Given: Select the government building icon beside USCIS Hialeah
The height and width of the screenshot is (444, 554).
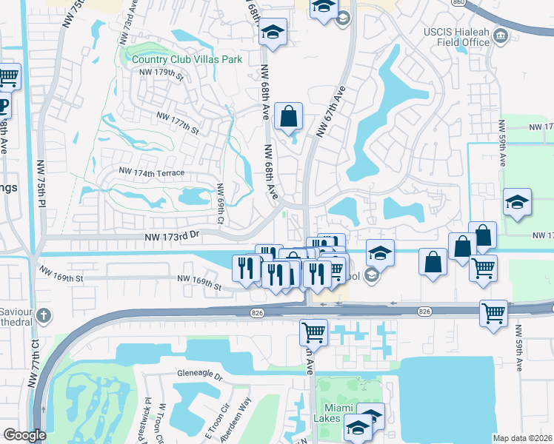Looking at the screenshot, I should [501, 36].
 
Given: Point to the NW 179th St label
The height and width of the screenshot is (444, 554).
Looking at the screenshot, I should [160, 73].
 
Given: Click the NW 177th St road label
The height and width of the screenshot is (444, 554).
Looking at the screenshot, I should [178, 123].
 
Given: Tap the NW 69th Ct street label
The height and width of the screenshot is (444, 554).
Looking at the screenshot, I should [219, 203].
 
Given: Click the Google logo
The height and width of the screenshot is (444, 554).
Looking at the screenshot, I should [24, 435].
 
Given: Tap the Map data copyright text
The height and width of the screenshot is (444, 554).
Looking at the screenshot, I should [523, 437].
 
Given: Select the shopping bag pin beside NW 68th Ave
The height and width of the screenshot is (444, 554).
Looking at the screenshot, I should [288, 116].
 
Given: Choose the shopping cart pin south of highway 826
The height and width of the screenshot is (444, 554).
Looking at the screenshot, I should [313, 332].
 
